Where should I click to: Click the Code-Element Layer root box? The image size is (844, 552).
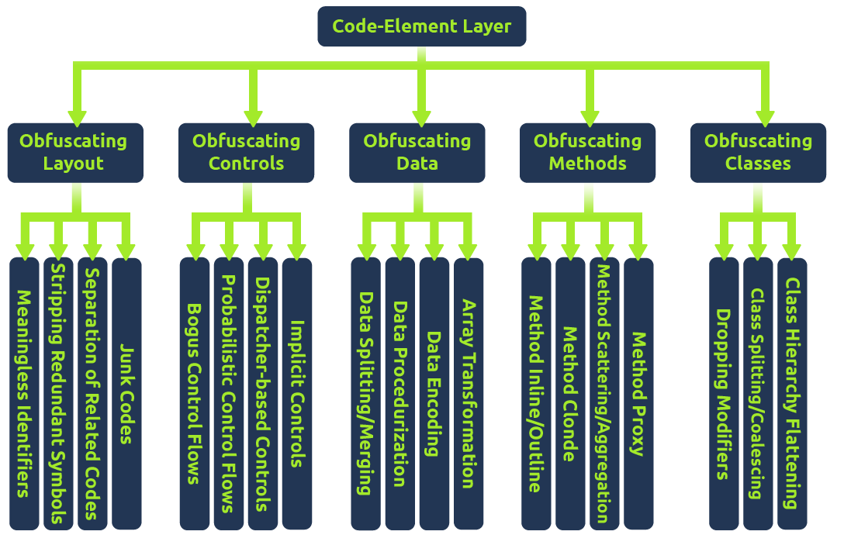(421, 26)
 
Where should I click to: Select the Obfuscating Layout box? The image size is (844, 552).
(74, 153)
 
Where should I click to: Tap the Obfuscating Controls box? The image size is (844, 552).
(246, 153)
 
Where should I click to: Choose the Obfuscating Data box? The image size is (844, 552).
(417, 153)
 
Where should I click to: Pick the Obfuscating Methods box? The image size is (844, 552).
(588, 153)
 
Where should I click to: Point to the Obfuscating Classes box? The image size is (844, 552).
(758, 153)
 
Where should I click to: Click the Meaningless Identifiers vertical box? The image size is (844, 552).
(24, 394)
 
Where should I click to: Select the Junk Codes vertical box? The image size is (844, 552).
(126, 394)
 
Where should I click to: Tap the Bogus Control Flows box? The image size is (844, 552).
(194, 394)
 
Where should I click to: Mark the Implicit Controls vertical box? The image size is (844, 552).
(296, 394)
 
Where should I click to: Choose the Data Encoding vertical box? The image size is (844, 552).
(434, 394)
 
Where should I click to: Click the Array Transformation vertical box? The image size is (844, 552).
(468, 394)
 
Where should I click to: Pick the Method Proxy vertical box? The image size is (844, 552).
(638, 394)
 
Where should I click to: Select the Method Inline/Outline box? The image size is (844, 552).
(536, 394)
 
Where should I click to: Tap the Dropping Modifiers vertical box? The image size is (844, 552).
(724, 394)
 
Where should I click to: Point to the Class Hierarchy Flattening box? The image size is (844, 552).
(792, 394)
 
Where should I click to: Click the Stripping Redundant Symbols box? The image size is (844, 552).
(58, 394)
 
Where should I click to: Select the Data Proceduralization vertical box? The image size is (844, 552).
(400, 394)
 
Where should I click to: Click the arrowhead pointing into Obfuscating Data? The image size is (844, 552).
(421, 116)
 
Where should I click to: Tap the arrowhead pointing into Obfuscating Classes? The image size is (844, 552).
(766, 116)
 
